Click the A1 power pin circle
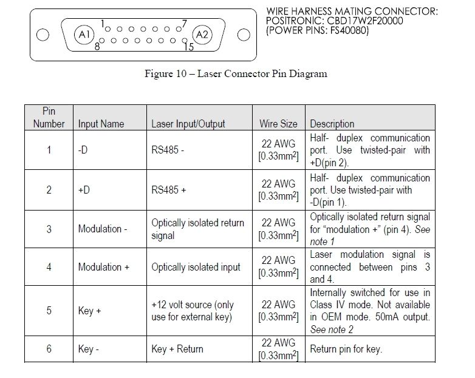pos(84,35)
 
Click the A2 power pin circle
pos(202,35)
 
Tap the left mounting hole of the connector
pos(43,35)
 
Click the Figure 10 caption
pos(235,74)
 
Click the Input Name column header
pos(101,124)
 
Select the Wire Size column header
pos(278,124)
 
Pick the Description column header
pos(332,124)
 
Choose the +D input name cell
pos(84,189)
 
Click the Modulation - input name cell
pos(100,229)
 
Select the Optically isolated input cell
pos(196,267)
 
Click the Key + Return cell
pos(177,349)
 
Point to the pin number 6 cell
pos(49,349)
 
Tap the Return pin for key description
pos(346,349)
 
